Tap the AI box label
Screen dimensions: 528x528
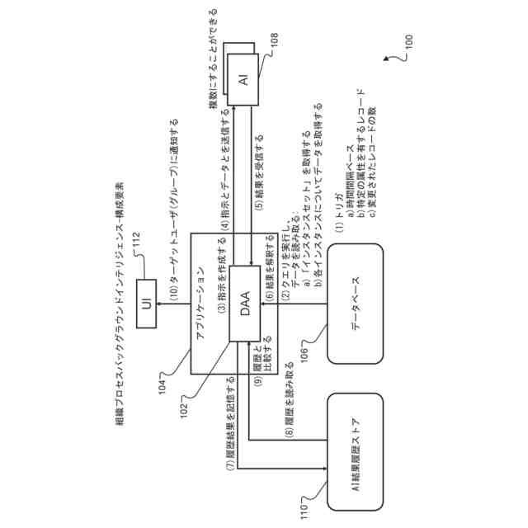(x=244, y=80)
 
